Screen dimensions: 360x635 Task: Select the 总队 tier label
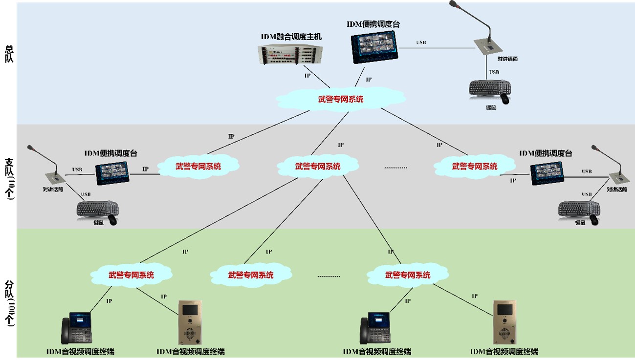click(9, 54)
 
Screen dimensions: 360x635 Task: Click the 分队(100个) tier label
click(9, 303)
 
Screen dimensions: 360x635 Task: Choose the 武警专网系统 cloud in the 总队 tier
click(341, 99)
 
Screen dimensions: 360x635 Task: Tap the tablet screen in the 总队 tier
click(374, 46)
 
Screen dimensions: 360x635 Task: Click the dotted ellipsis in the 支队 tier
click(395, 168)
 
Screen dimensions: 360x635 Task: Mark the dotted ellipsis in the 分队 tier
click(328, 276)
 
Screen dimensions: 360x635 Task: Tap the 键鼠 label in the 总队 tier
click(490, 107)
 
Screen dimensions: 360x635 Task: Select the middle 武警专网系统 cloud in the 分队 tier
click(251, 275)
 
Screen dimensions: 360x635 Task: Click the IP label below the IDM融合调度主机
click(307, 76)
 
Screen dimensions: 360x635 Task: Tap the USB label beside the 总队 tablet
click(421, 43)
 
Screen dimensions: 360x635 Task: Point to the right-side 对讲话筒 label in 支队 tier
click(616, 189)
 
